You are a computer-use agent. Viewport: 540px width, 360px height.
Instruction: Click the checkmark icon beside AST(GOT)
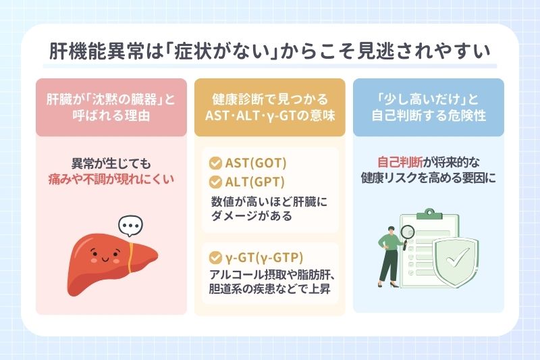point(216,163)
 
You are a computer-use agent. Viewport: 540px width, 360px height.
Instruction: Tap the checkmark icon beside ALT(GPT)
point(216,182)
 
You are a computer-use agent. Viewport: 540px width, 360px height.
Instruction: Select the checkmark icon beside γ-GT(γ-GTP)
point(216,258)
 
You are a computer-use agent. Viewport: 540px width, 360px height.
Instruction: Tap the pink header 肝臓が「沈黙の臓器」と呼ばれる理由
point(111,108)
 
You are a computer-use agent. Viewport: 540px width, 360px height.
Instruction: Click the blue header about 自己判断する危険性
point(429,108)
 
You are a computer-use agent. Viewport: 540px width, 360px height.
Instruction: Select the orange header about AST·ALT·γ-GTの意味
point(270,108)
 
